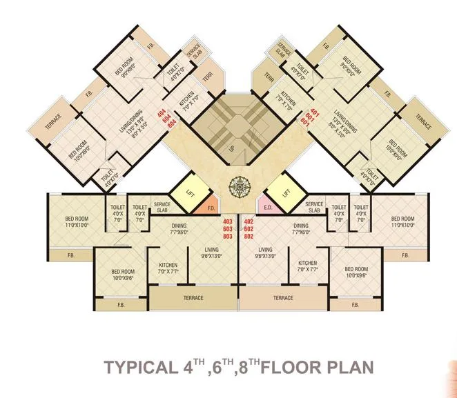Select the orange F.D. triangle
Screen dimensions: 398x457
pyautogui.click(x=208, y=205)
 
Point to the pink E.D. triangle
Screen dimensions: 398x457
pyautogui.click(x=268, y=206)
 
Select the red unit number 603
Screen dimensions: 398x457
pyautogui.click(x=228, y=228)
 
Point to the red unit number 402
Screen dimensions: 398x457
pyautogui.click(x=249, y=221)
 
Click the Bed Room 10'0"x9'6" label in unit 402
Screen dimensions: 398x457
pyautogui.click(x=356, y=272)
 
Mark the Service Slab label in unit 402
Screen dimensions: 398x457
pyautogui.click(x=314, y=208)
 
